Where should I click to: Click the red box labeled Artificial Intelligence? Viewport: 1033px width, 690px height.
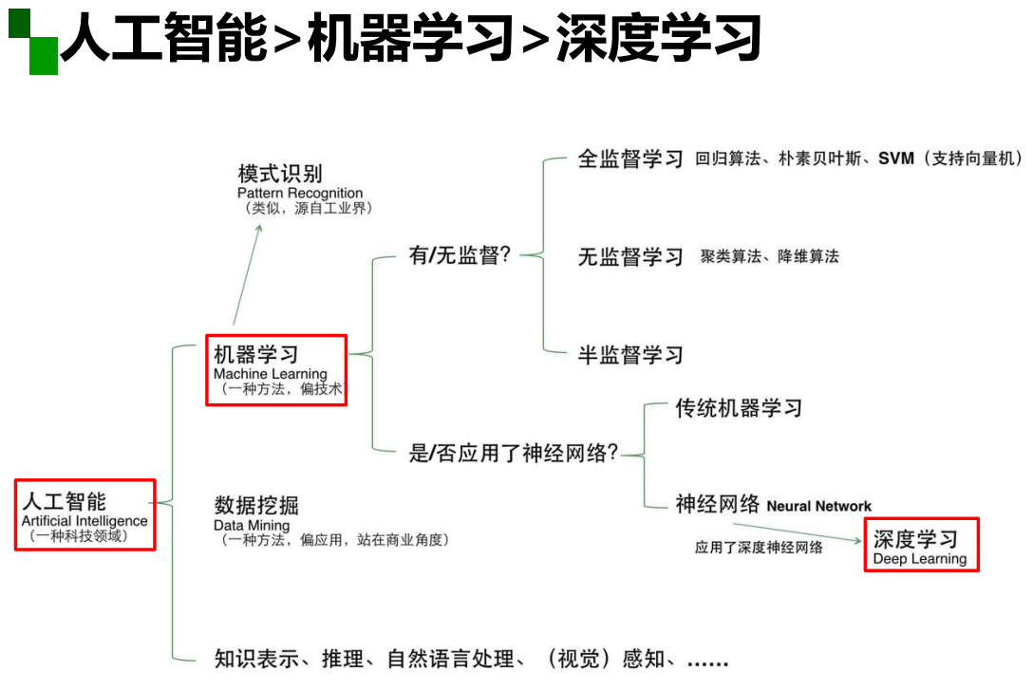pos(85,514)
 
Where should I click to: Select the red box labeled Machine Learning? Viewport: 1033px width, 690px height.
pos(276,369)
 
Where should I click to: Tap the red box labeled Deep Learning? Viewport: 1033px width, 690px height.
pos(921,545)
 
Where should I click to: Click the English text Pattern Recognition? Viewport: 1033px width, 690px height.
pos(300,194)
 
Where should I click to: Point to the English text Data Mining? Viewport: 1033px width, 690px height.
pos(252,525)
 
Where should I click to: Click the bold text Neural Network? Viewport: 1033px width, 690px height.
pos(818,506)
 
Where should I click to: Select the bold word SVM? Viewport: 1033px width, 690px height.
pos(896,159)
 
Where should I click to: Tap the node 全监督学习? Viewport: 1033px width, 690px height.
pos(630,159)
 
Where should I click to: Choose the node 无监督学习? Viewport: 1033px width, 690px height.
pos(630,256)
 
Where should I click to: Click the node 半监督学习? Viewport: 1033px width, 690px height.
pos(630,355)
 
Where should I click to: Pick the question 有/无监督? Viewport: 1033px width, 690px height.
pos(460,256)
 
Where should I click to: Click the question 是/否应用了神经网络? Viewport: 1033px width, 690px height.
pos(514,454)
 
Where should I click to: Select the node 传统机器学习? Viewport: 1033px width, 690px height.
pos(739,408)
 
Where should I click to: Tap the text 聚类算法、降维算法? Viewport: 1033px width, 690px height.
pos(770,256)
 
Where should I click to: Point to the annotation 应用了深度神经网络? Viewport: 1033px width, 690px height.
pos(759,548)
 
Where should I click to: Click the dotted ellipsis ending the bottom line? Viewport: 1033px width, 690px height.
pos(707,660)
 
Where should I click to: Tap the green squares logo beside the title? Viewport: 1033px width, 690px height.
pos(33,43)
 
